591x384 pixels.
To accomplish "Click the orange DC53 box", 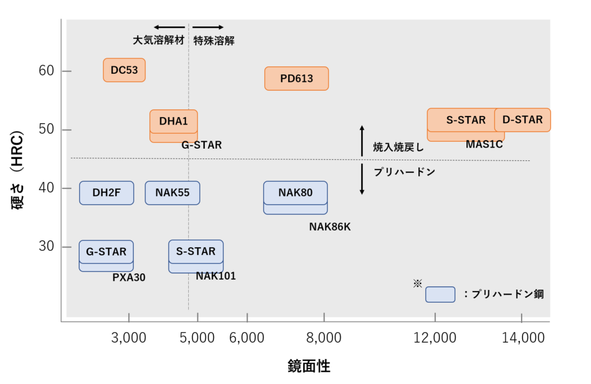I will [124, 70].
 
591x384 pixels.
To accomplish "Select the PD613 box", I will [297, 78].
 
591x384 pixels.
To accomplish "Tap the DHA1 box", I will [174, 121].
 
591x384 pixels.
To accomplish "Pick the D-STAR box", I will [522, 120].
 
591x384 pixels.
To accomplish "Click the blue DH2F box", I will [107, 193].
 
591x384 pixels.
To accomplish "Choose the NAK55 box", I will [173, 193].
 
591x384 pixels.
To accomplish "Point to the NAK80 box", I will [295, 193].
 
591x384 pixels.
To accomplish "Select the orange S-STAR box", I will [465, 120].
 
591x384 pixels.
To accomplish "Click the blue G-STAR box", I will [106, 252].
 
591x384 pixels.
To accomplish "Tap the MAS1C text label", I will [484, 144].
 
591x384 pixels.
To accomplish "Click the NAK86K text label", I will [330, 227].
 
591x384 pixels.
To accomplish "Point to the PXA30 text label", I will [129, 277].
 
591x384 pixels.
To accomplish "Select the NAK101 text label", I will [216, 276].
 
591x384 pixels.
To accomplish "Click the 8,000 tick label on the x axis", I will [324, 338].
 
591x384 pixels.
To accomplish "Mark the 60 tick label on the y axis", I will [46, 71].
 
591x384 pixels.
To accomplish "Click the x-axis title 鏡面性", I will [309, 366].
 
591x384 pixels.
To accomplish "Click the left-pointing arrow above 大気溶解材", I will [169, 27].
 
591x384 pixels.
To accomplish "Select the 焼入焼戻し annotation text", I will [398, 148].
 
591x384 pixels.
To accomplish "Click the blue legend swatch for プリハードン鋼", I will [440, 294].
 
